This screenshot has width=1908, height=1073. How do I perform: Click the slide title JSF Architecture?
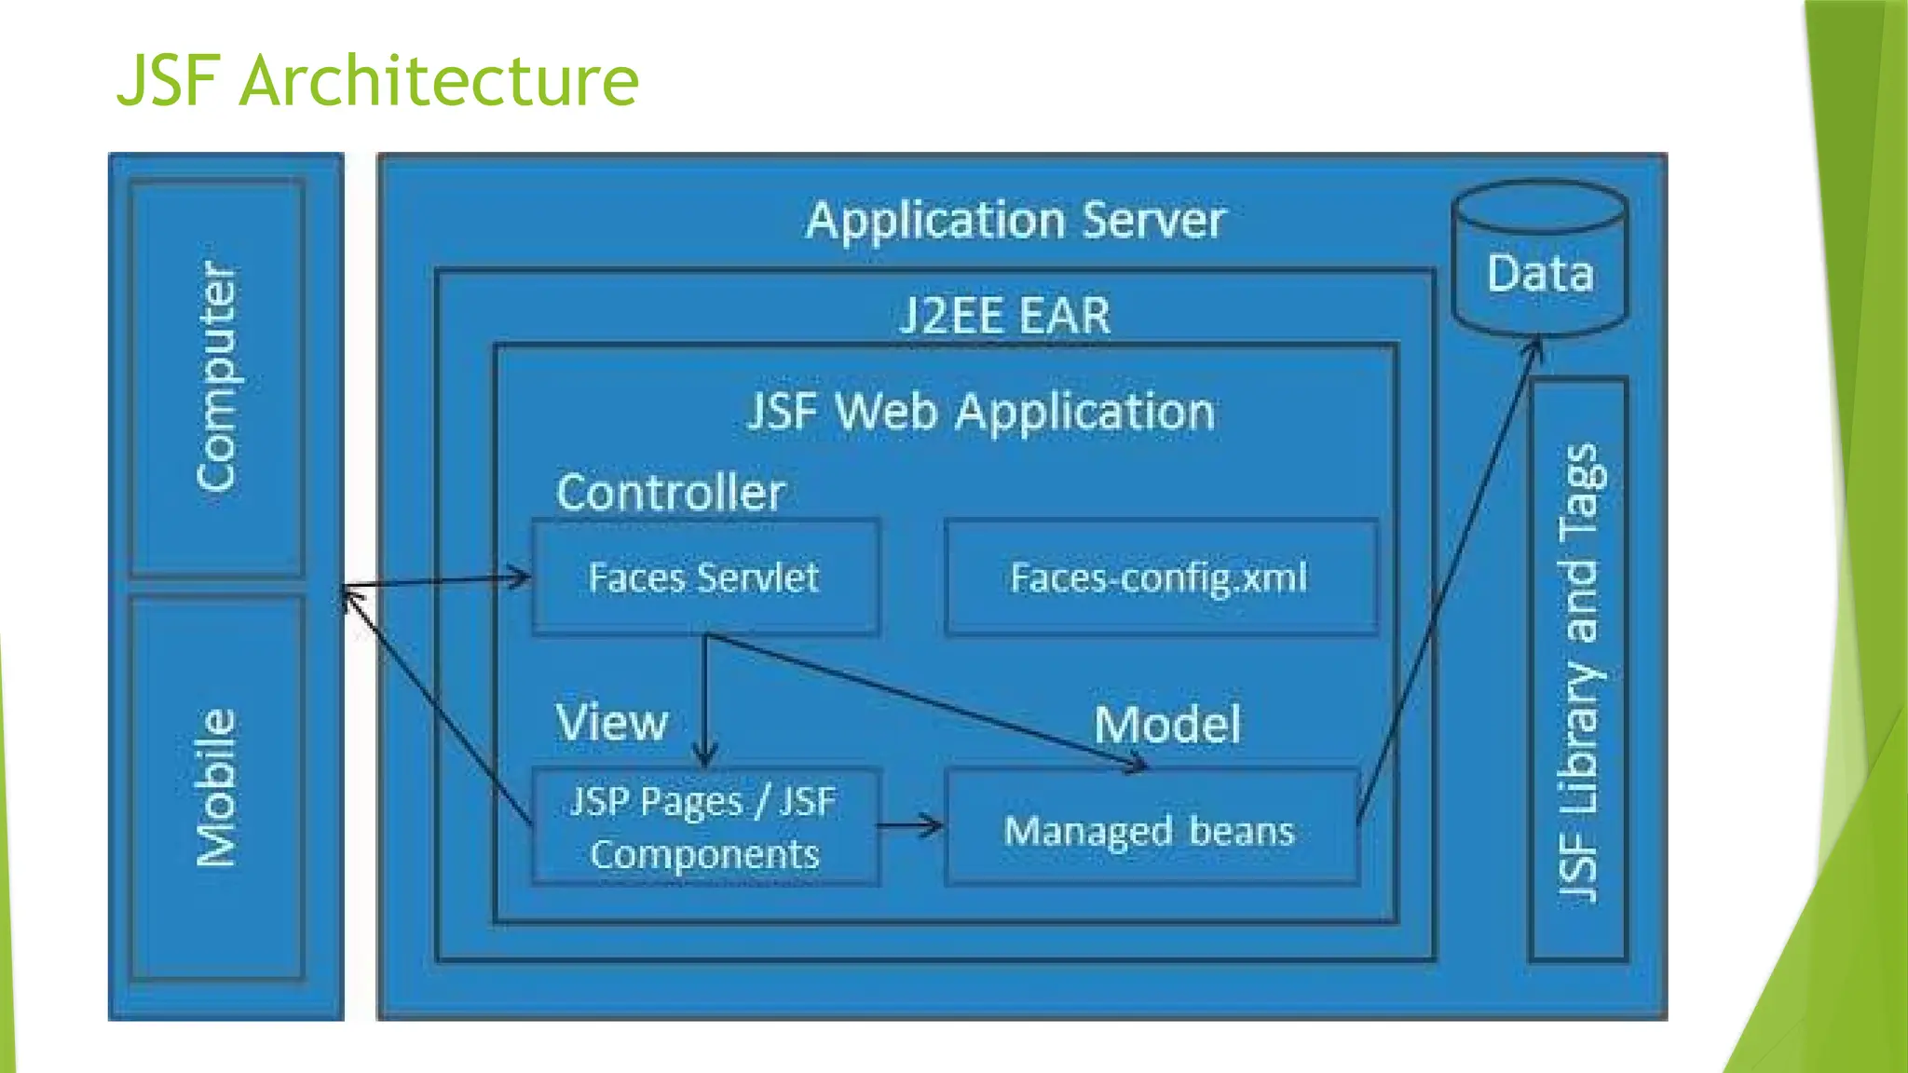pyautogui.click(x=377, y=81)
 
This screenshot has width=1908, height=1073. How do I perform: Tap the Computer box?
pyautogui.click(x=217, y=377)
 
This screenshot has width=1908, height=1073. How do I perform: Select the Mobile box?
pyautogui.click(x=217, y=788)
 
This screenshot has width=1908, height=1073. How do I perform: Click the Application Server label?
pyautogui.click(x=1015, y=221)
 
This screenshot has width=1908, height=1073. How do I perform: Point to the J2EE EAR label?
pyautogui.click(x=1005, y=316)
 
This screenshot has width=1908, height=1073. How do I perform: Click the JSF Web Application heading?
pyautogui.click(x=981, y=412)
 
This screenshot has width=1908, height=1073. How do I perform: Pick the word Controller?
pyautogui.click(x=670, y=492)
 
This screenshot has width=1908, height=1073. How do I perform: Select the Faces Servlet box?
pyautogui.click(x=704, y=577)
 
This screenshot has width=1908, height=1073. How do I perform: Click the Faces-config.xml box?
pyautogui.click(x=1159, y=577)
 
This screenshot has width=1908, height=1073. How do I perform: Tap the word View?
pyautogui.click(x=612, y=722)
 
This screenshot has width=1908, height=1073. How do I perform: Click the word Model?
pyautogui.click(x=1167, y=725)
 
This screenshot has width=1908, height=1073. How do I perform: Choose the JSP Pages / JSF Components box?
pyautogui.click(x=704, y=827)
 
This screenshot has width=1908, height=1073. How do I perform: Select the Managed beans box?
pyautogui.click(x=1150, y=829)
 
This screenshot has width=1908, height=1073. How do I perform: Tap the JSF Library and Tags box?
pyautogui.click(x=1578, y=671)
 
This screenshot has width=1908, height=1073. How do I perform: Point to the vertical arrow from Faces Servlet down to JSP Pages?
pyautogui.click(x=705, y=699)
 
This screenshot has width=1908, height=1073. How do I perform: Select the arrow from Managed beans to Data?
pyautogui.click(x=1449, y=577)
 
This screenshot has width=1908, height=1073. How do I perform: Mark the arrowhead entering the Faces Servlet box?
pyautogui.click(x=520, y=577)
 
